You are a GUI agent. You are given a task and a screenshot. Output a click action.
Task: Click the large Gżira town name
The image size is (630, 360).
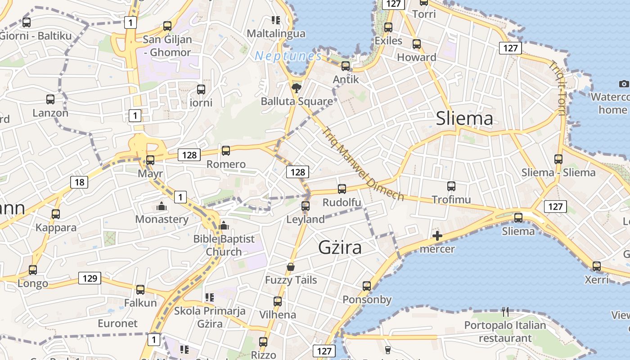(340, 247)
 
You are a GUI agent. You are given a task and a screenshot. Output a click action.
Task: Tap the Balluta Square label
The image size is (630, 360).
(297, 101)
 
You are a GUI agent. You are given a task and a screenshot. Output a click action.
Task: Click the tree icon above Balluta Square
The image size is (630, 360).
(296, 88)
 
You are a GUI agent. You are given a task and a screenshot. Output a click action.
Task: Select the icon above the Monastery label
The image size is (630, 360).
(161, 207)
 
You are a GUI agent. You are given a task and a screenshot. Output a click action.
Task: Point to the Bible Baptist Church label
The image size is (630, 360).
(224, 245)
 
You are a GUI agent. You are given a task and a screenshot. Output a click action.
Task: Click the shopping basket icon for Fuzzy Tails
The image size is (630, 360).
(291, 267)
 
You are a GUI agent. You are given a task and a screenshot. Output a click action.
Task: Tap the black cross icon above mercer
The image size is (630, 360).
(437, 236)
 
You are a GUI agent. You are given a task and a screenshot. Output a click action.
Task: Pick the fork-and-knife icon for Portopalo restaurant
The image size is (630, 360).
(505, 311)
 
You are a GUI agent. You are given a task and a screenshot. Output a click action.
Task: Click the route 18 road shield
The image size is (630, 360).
(79, 182)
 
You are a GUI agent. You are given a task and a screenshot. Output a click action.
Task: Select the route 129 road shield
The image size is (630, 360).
(90, 278)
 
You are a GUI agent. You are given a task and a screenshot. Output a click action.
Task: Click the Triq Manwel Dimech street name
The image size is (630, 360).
(363, 164)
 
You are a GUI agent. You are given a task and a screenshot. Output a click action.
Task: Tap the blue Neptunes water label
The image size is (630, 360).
(288, 56)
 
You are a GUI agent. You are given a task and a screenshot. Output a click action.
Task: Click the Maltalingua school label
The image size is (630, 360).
(276, 33)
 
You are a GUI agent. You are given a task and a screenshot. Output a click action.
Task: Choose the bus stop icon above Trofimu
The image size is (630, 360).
(451, 186)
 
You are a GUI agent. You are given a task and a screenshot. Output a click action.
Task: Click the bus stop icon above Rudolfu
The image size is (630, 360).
(342, 189)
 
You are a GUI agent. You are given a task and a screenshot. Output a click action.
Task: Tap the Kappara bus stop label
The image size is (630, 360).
(57, 228)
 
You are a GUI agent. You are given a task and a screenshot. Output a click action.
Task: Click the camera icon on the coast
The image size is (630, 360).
(623, 84)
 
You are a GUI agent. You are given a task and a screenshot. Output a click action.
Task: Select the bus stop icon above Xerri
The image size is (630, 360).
(597, 266)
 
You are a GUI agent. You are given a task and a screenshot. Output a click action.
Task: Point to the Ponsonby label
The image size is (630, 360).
(367, 300)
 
